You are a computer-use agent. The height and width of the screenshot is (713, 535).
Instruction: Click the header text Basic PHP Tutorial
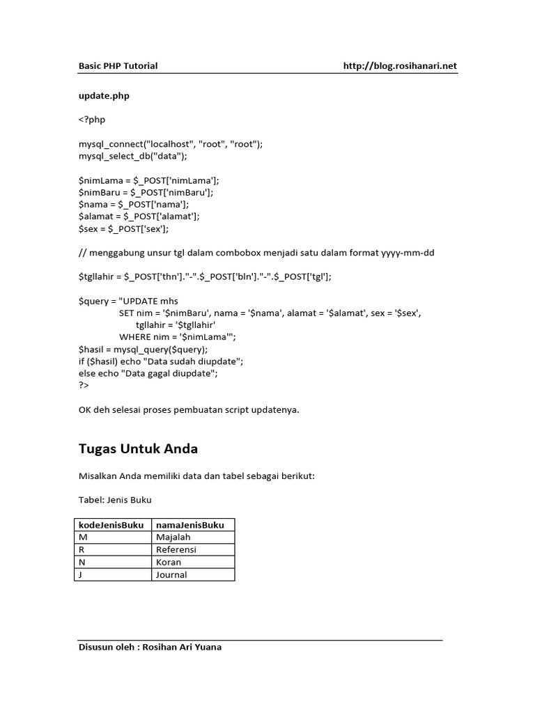[118, 66]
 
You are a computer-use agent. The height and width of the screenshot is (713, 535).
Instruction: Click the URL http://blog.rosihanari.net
[400, 66]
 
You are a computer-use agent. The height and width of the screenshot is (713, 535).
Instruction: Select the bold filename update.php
[104, 96]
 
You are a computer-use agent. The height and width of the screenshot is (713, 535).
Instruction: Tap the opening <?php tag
[92, 120]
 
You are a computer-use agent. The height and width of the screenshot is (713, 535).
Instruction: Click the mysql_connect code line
[171, 144]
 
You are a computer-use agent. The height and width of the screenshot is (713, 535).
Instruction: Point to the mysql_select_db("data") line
[133, 156]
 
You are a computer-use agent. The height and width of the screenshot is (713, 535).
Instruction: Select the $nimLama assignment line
[149, 180]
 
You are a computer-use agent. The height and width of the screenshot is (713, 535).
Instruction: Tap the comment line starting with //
[256, 252]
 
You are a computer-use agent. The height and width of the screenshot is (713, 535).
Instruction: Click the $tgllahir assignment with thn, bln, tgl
[205, 276]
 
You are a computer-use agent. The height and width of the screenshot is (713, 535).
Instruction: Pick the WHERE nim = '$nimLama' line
[178, 337]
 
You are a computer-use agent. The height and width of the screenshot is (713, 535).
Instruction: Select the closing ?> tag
[84, 385]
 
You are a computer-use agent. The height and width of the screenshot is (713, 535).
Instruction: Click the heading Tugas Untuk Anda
[138, 449]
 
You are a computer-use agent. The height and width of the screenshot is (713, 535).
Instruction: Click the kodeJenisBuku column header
[112, 525]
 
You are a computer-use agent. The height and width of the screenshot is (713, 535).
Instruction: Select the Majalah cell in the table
[173, 538]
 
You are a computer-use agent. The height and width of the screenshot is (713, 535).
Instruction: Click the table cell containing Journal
[171, 575]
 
